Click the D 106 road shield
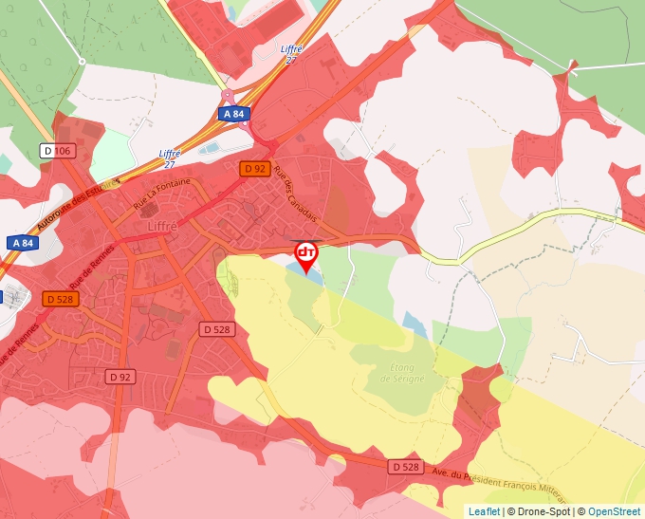click(58, 151)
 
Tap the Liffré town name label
click(169, 227)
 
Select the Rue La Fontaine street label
click(162, 195)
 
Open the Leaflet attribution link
click(484, 511)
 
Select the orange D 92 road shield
click(254, 169)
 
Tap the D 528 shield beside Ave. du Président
click(404, 467)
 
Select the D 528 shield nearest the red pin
click(216, 329)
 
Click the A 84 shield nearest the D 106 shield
click(24, 243)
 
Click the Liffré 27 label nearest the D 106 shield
click(171, 158)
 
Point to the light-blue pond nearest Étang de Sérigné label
click(415, 321)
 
